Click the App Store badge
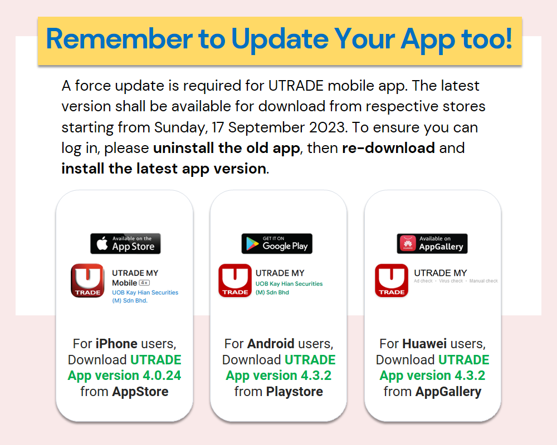pos(125,244)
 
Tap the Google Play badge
pos(277,244)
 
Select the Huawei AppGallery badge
pos(432,244)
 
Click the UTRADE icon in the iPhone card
pos(87,280)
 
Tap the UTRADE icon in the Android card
pos(235,280)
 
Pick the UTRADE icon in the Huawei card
pos(392,280)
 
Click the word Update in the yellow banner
pos(280,39)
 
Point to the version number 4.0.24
pos(162,375)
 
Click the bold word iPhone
pos(116,344)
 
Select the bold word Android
pos(271,344)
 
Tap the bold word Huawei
pos(424,344)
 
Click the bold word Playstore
pos(295,392)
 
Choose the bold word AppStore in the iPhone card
pos(140,392)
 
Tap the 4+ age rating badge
pos(144,283)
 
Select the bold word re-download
pos(388,148)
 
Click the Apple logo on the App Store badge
pos(102,243)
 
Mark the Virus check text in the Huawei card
pos(451,281)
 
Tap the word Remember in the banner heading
pos(119,39)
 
